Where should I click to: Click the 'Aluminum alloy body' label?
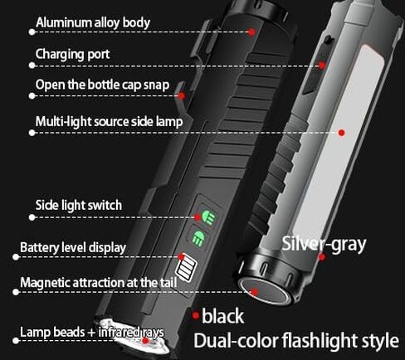(x=93, y=22)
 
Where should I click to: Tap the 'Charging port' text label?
(x=72, y=54)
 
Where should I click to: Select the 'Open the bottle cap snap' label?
(x=102, y=85)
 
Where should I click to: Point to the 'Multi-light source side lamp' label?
(x=109, y=122)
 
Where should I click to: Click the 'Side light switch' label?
(x=79, y=205)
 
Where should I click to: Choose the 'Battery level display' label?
(x=73, y=247)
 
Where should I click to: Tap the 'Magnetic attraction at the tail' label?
(x=99, y=283)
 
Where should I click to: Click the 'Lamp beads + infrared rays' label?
(x=92, y=332)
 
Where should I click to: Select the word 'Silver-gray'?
(x=324, y=244)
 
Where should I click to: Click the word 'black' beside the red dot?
(x=222, y=316)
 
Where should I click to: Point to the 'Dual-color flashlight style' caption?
(x=296, y=340)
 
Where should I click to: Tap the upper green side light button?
(x=208, y=216)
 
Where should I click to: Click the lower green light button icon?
(x=198, y=237)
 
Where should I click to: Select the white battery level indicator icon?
(x=187, y=269)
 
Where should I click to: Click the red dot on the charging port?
(x=322, y=66)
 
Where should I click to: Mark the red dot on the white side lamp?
(x=342, y=133)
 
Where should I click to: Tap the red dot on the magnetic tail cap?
(x=255, y=292)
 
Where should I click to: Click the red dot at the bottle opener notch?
(x=182, y=96)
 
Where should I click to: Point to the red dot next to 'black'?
(x=196, y=315)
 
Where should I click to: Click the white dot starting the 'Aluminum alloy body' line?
(x=32, y=32)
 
